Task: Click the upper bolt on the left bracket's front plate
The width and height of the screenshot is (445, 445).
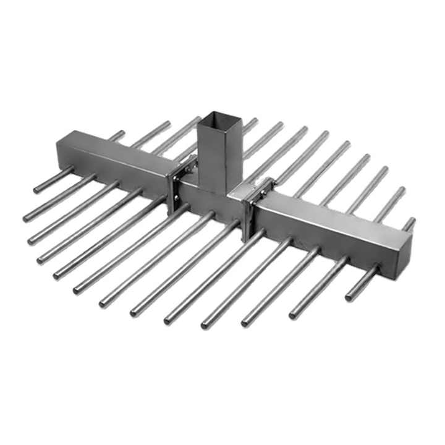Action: coord(174,179)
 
